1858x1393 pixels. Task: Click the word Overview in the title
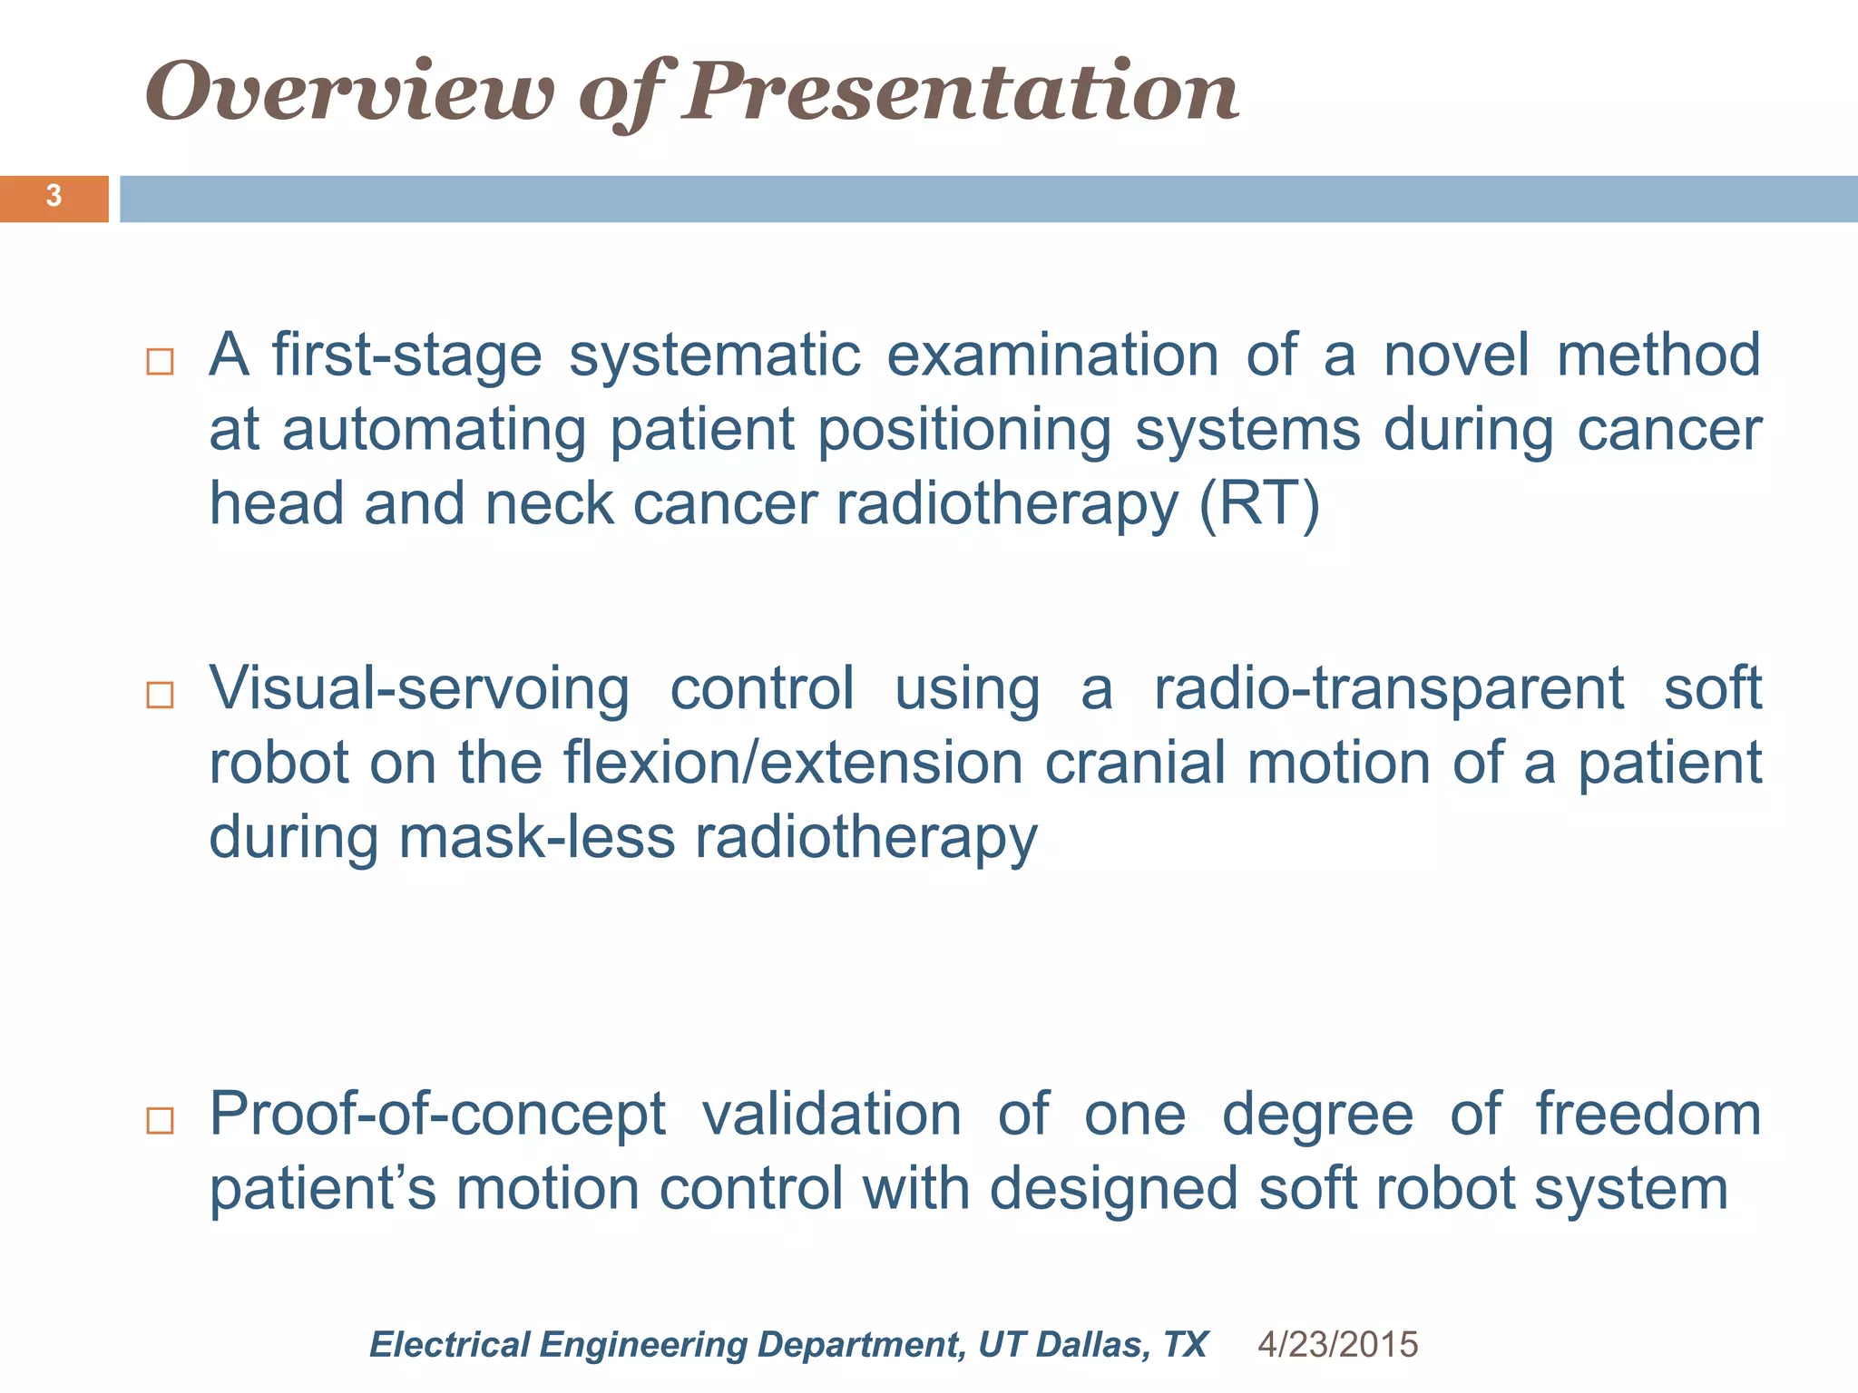349,93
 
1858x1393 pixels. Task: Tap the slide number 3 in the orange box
54,196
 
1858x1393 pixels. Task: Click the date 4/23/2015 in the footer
1337,1344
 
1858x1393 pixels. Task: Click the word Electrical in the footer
449,1344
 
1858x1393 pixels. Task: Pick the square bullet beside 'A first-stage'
160,361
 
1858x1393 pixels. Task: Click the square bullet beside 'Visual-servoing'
160,695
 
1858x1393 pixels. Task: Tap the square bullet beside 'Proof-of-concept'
160,1120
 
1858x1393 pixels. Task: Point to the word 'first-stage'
406,355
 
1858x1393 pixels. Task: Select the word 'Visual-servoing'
419,689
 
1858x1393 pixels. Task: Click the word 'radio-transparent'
1388,689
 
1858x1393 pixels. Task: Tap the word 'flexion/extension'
793,763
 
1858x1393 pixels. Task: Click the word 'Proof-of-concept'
437,1115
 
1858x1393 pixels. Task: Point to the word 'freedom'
1648,1115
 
